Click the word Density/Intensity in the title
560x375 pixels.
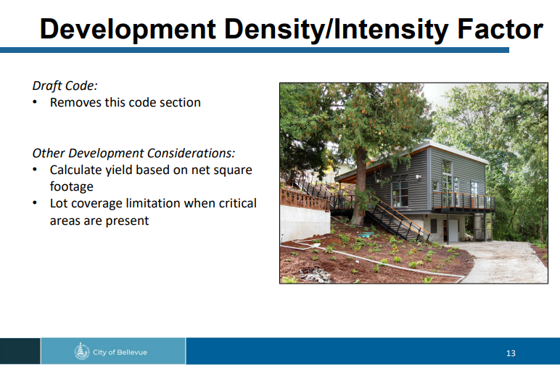[337, 29]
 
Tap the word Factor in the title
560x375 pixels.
[500, 28]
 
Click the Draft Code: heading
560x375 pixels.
[65, 86]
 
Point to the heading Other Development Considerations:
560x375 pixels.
[133, 153]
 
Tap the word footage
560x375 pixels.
[71, 187]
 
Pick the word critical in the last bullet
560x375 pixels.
[238, 203]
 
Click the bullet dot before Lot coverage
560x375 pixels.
[35, 203]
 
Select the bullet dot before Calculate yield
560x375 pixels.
[35, 170]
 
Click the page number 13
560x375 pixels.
[511, 353]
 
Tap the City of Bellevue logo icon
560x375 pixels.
[82, 351]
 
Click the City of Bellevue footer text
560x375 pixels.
[120, 352]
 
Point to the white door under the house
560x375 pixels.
[453, 231]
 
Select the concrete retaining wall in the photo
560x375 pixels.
[305, 224]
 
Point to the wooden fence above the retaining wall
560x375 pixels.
[305, 199]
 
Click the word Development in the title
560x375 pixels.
[128, 29]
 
